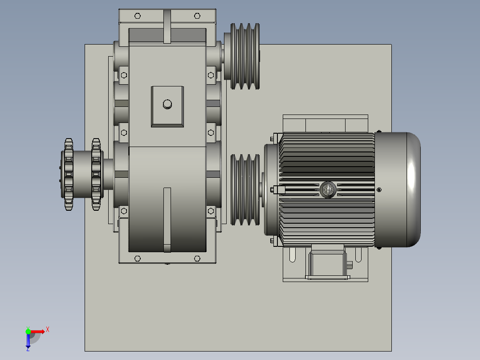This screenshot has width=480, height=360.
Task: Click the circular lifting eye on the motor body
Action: tap(328, 190)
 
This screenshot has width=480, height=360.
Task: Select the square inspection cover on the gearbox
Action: tap(167, 106)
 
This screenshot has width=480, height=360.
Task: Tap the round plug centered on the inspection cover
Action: tap(167, 104)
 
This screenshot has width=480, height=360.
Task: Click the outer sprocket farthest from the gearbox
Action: tap(68, 174)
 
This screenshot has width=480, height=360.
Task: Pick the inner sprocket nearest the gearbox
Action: tap(96, 174)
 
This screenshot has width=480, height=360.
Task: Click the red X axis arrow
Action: tap(38, 331)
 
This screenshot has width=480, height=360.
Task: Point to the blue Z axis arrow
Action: tap(28, 341)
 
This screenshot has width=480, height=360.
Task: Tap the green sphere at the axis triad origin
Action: tap(28, 331)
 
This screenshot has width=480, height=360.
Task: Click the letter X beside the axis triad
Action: tap(48, 330)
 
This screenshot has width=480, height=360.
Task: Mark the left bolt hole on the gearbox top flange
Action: tap(137, 16)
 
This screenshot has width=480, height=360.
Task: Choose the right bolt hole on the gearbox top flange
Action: tap(197, 16)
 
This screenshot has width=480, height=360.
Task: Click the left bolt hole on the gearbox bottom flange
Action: tap(137, 258)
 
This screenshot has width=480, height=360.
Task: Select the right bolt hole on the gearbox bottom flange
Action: tap(197, 258)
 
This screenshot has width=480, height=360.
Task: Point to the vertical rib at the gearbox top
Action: tap(167, 27)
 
